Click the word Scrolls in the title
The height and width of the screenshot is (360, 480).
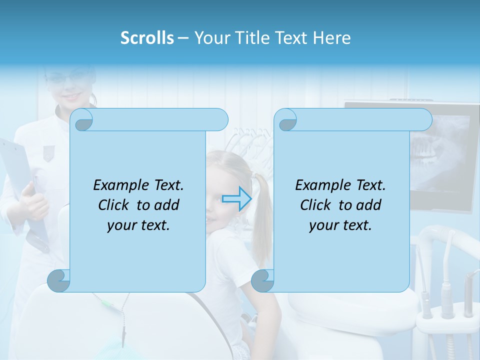147,38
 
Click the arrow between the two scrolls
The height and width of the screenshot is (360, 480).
236,198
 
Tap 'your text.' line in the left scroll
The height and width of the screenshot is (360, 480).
138,225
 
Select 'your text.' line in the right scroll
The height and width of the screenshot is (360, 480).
340,225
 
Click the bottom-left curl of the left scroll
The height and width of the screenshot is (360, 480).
59,280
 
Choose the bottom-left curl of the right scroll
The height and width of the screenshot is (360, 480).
262,280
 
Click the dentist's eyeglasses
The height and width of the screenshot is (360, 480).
70,78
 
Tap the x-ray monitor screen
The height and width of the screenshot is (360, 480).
440,150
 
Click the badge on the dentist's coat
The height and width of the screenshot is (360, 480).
48,152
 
